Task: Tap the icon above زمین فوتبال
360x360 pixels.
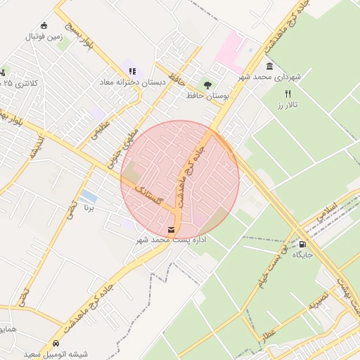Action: pyautogui.click(x=44, y=25)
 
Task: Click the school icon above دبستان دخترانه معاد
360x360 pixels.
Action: pyautogui.click(x=132, y=71)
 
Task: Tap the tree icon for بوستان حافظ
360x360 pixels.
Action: pyautogui.click(x=207, y=84)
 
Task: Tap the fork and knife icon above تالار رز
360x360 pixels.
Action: pyautogui.click(x=288, y=93)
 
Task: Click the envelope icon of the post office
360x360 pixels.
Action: pyautogui.click(x=172, y=229)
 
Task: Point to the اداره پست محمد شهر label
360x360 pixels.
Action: pyautogui.click(x=172, y=240)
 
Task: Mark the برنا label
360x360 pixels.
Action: pyautogui.click(x=89, y=208)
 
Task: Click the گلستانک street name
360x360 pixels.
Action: pyautogui.click(x=150, y=196)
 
